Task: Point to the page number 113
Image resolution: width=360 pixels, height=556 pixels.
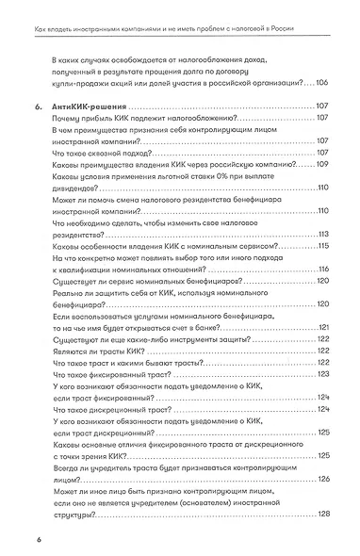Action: pyautogui.click(x=321, y=234)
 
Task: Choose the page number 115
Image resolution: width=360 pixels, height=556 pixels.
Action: pyautogui.click(x=321, y=246)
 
